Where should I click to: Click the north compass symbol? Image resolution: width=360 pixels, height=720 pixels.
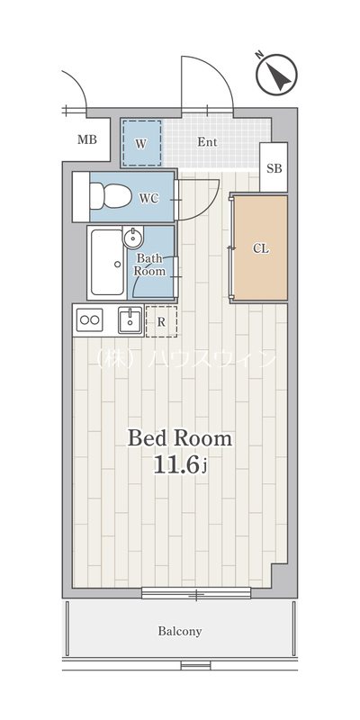pos(277,75)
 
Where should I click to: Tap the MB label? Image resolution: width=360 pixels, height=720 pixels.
pos(87,139)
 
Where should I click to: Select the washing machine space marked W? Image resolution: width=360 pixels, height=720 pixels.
pos(141,143)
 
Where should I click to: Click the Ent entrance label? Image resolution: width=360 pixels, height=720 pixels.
pos(207,142)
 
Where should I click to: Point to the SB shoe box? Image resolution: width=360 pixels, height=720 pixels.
pos(274,167)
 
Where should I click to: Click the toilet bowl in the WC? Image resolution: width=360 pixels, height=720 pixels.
pos(110,196)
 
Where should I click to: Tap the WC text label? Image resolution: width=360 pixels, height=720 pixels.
pos(149,198)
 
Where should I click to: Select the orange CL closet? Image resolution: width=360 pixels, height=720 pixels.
pos(260,248)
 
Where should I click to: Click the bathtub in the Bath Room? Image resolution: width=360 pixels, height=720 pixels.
pos(107,262)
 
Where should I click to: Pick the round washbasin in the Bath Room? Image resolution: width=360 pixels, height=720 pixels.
pos(133,238)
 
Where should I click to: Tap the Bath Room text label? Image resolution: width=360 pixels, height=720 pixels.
pos(149,265)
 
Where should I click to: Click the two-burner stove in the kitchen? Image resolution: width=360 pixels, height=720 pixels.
pos(89,320)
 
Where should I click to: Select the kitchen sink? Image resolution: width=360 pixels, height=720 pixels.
pos(130,319)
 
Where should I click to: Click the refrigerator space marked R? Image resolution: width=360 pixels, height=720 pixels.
pos(161,321)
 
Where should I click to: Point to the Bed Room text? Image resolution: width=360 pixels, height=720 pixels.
pos(179,438)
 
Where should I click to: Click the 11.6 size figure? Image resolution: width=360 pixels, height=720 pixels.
pos(176,465)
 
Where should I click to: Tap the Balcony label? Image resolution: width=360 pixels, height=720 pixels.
pos(180,632)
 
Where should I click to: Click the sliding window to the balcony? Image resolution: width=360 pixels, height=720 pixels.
pos(196,594)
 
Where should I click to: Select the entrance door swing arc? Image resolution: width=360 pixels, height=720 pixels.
pos(215,73)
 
